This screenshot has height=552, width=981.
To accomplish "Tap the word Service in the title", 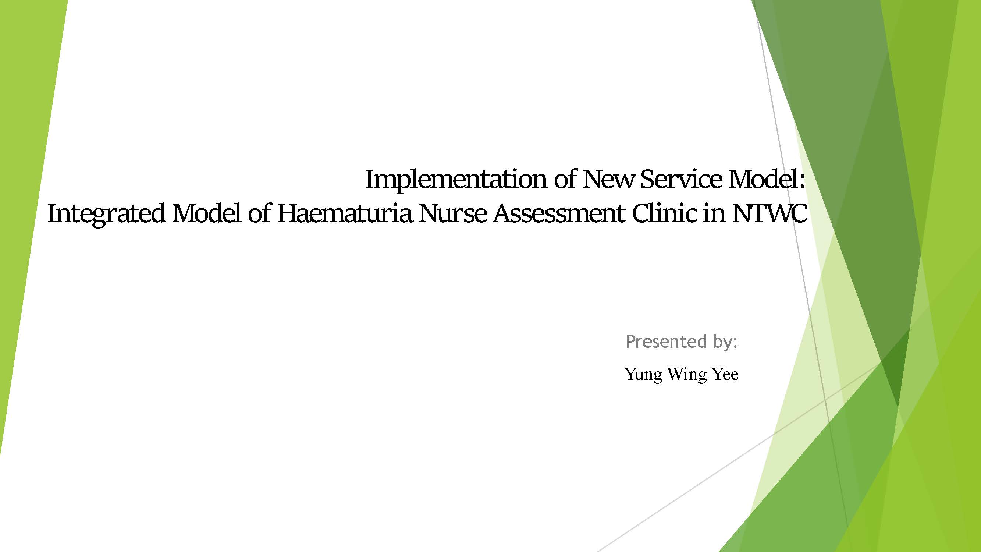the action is [x=681, y=179].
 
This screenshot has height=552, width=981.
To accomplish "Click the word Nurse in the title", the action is [x=452, y=213].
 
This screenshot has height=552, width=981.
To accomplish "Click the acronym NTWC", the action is [x=769, y=213].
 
